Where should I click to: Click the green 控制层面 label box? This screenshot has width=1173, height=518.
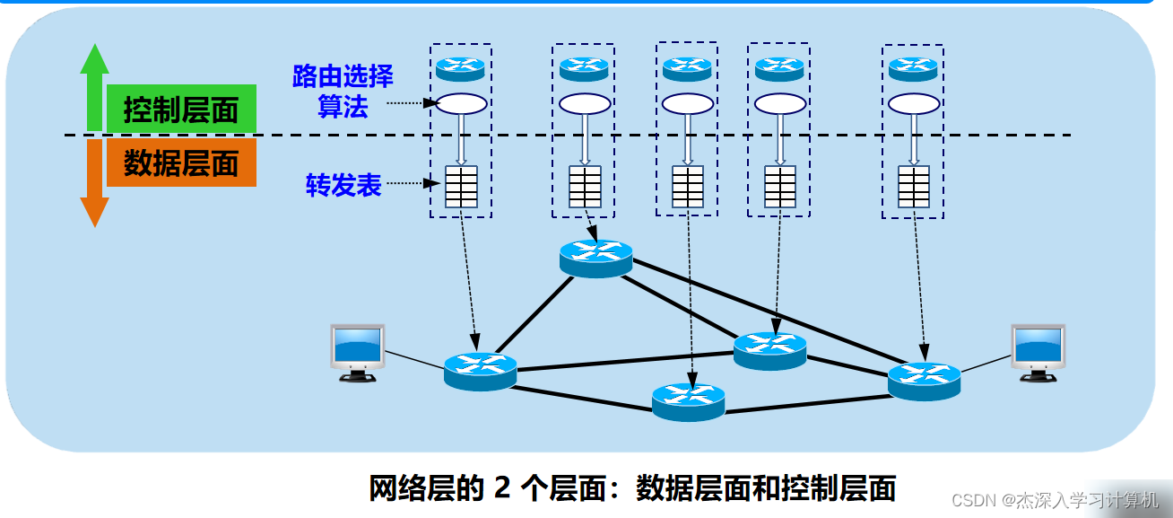pyautogui.click(x=181, y=110)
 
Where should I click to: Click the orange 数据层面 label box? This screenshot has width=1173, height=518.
pyautogui.click(x=181, y=163)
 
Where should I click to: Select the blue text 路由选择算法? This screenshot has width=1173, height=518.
pyautogui.click(x=343, y=91)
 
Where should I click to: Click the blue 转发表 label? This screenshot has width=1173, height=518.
pyautogui.click(x=343, y=185)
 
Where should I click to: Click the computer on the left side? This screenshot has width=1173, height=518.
pyautogui.click(x=357, y=351)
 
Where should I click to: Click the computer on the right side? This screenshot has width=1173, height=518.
pyautogui.click(x=1038, y=351)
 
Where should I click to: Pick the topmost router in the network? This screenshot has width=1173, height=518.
pyautogui.click(x=595, y=257)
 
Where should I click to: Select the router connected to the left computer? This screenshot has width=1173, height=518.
pyautogui.click(x=480, y=369)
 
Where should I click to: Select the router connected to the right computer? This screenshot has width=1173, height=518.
pyautogui.click(x=924, y=380)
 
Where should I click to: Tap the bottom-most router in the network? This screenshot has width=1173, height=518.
pyautogui.click(x=688, y=400)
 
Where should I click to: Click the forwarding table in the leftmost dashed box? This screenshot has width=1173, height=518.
pyautogui.click(x=461, y=187)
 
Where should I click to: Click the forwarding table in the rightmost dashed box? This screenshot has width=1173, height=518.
pyautogui.click(x=913, y=187)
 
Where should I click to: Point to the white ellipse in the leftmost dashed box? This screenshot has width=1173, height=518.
pyautogui.click(x=460, y=104)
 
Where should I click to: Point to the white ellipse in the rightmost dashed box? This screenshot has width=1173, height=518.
pyautogui.click(x=913, y=104)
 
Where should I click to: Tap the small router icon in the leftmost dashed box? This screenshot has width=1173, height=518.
pyautogui.click(x=460, y=67)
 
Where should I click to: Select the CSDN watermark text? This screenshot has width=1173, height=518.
pyautogui.click(x=1054, y=500)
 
